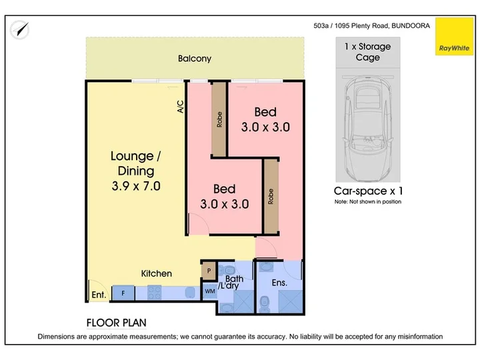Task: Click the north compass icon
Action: [19, 30]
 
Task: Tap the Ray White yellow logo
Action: [454, 37]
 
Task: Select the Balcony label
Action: [195, 59]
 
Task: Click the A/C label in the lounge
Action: [181, 107]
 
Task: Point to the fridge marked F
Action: [123, 293]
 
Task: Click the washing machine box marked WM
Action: [210, 291]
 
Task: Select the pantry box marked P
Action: [209, 271]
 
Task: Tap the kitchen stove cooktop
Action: [154, 293]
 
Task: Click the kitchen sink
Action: [190, 292]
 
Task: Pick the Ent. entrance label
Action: [99, 295]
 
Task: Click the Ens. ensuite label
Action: [279, 283]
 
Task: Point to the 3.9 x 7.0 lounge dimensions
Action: [136, 186]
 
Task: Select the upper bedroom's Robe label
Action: [219, 120]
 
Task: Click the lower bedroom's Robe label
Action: [271, 196]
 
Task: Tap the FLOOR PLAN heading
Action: [116, 323]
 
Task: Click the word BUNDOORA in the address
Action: [411, 26]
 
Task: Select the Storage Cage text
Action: [367, 52]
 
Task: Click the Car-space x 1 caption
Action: [368, 191]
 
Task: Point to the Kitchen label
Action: [156, 273]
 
